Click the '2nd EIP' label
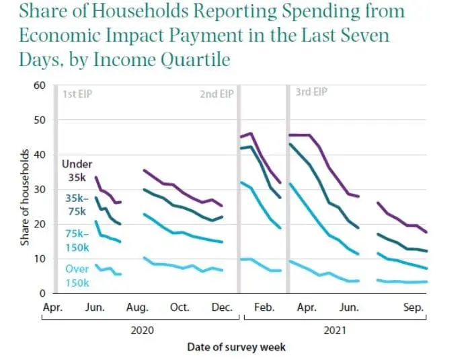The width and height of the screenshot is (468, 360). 217,94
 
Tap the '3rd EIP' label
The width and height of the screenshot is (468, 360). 311,92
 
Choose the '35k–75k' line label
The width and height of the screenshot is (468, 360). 77,205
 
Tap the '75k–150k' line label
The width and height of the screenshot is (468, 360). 77,240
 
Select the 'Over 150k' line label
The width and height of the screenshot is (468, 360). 77,275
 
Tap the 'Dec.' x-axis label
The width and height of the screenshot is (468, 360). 222,308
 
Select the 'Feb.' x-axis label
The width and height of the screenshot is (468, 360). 264,308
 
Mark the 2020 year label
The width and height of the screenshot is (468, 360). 143,330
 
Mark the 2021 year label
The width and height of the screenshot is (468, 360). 336,330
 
